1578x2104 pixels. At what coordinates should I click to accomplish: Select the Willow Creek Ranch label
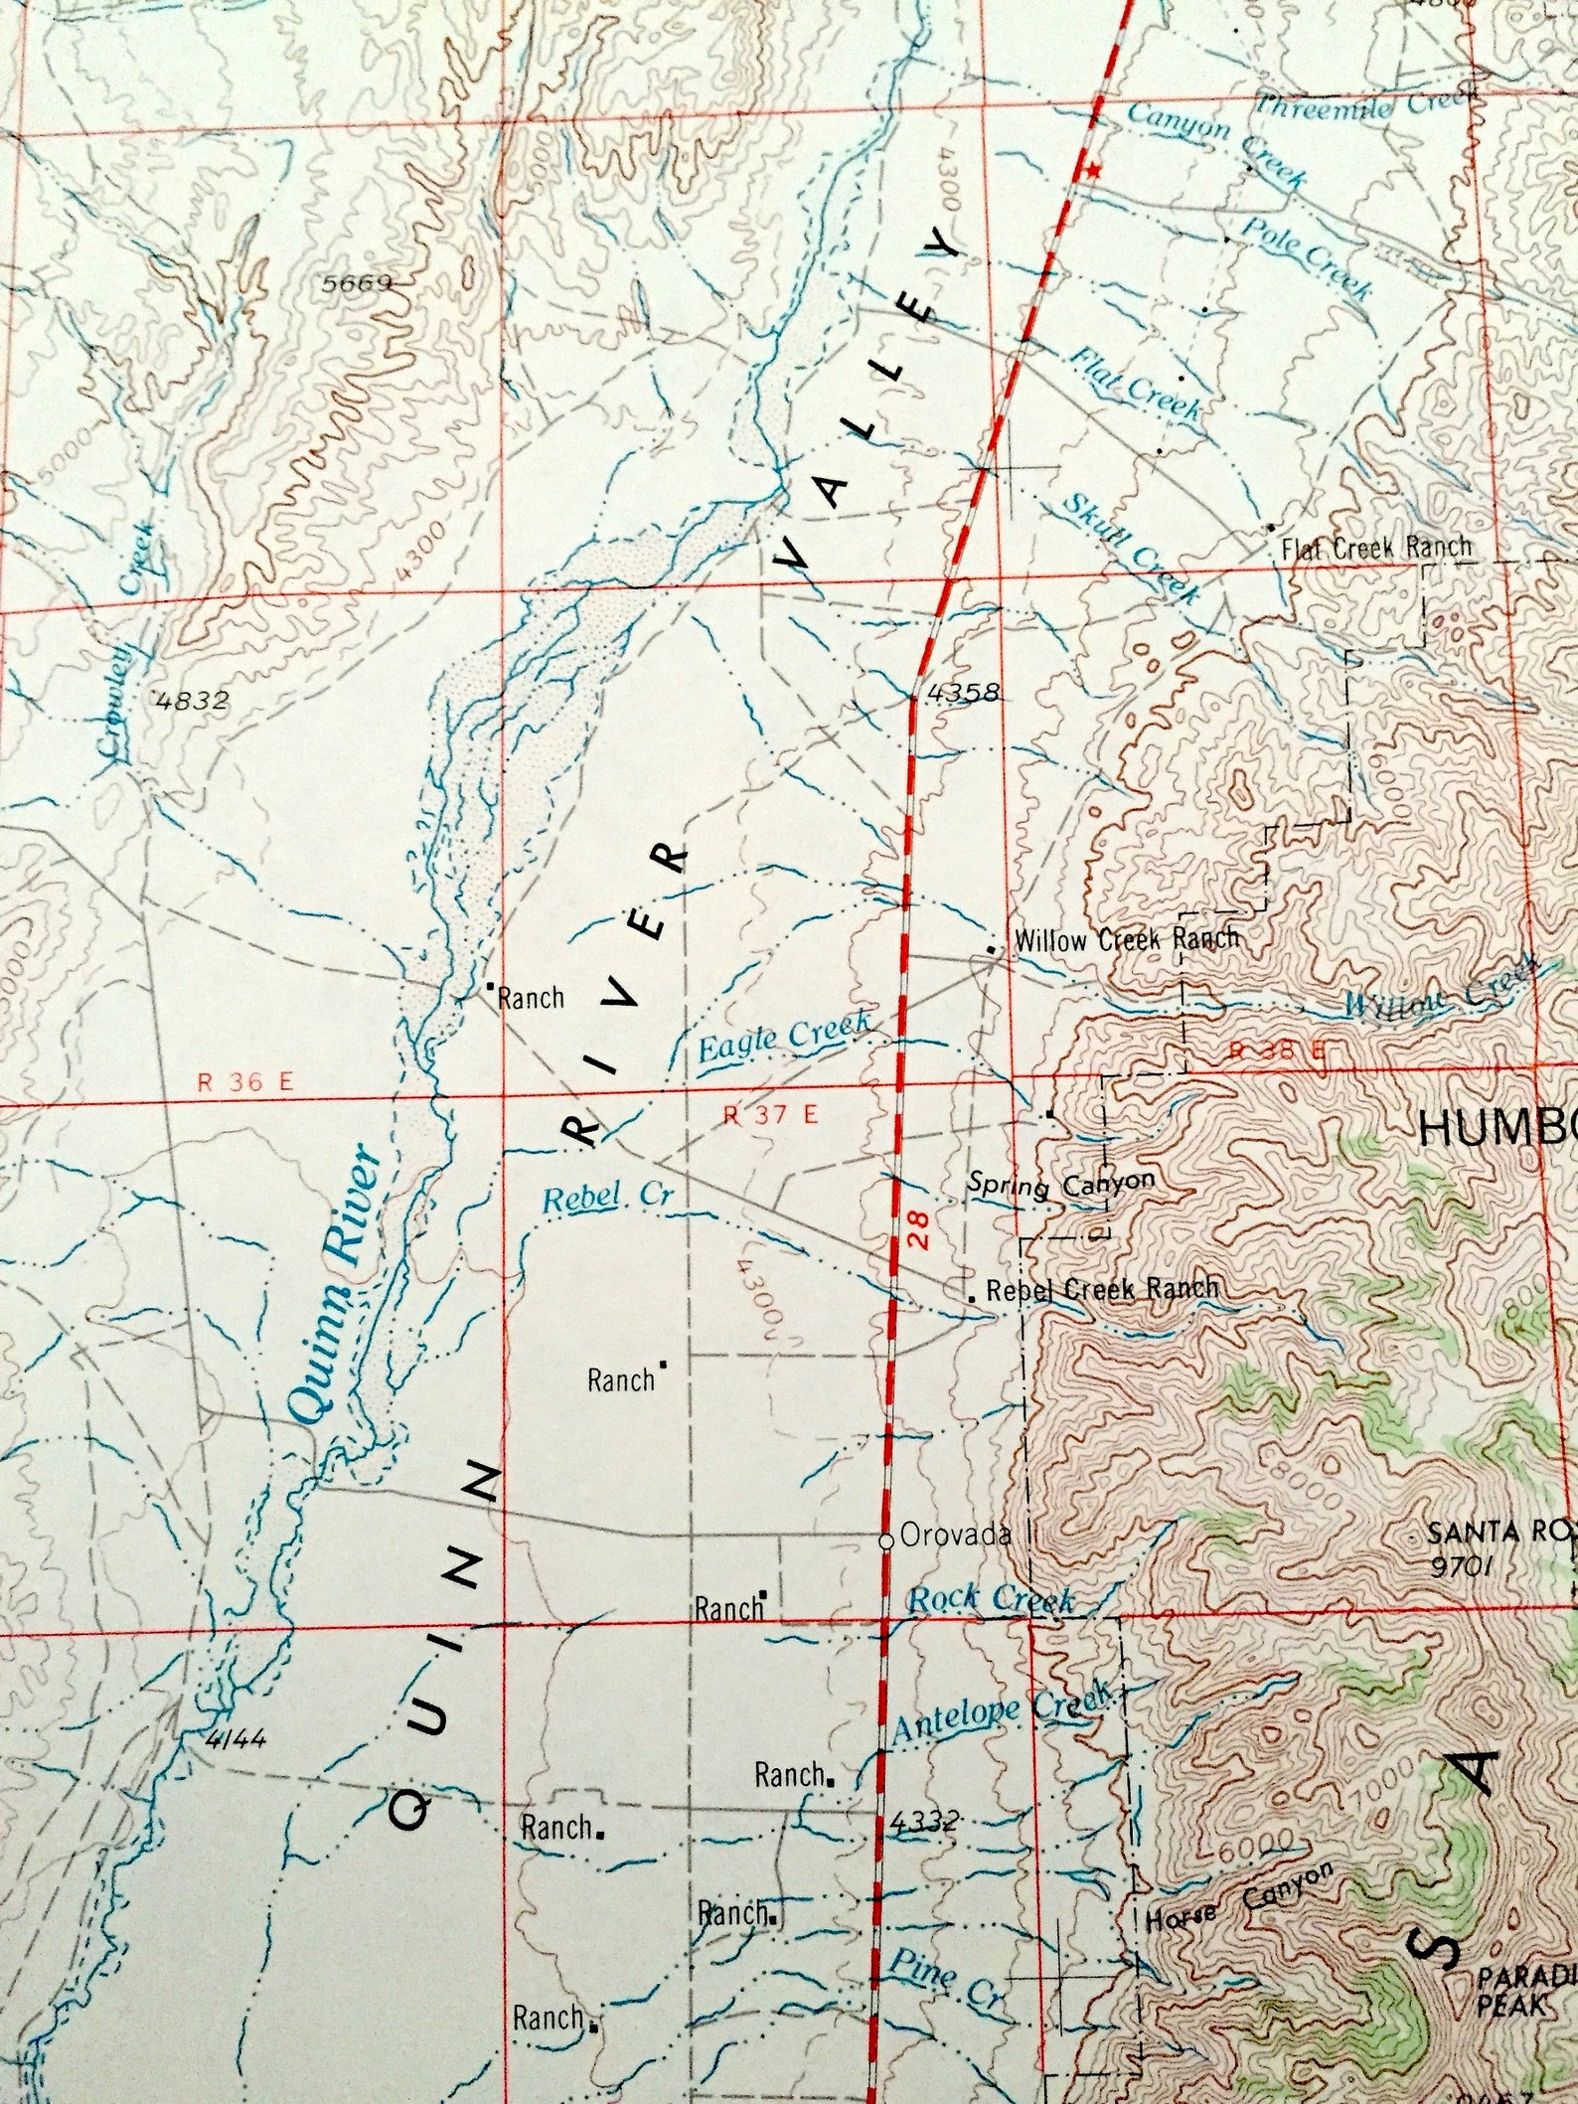tap(1126, 938)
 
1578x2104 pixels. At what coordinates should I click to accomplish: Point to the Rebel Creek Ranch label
tap(1102, 1290)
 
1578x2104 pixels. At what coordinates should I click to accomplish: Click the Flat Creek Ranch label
tap(1376, 547)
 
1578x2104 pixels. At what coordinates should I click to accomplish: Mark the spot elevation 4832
tap(193, 701)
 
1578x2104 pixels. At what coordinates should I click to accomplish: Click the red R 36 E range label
tap(245, 1082)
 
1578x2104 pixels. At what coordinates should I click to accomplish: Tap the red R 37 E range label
tap(771, 1115)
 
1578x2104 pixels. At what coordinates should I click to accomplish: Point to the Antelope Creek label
tap(999, 1705)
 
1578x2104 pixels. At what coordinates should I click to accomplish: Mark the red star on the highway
tap(1094, 171)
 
